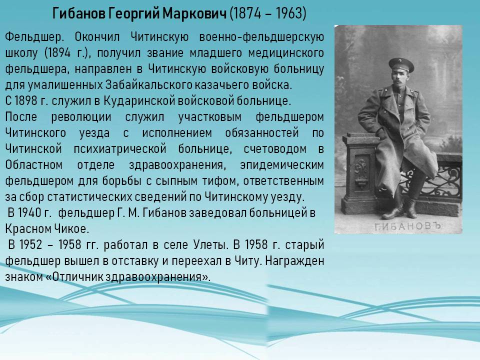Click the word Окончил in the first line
pos(97,37)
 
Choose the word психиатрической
pos(120,149)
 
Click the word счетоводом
pos(275,149)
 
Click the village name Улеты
pos(210,245)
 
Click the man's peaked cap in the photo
pos(401,64)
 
